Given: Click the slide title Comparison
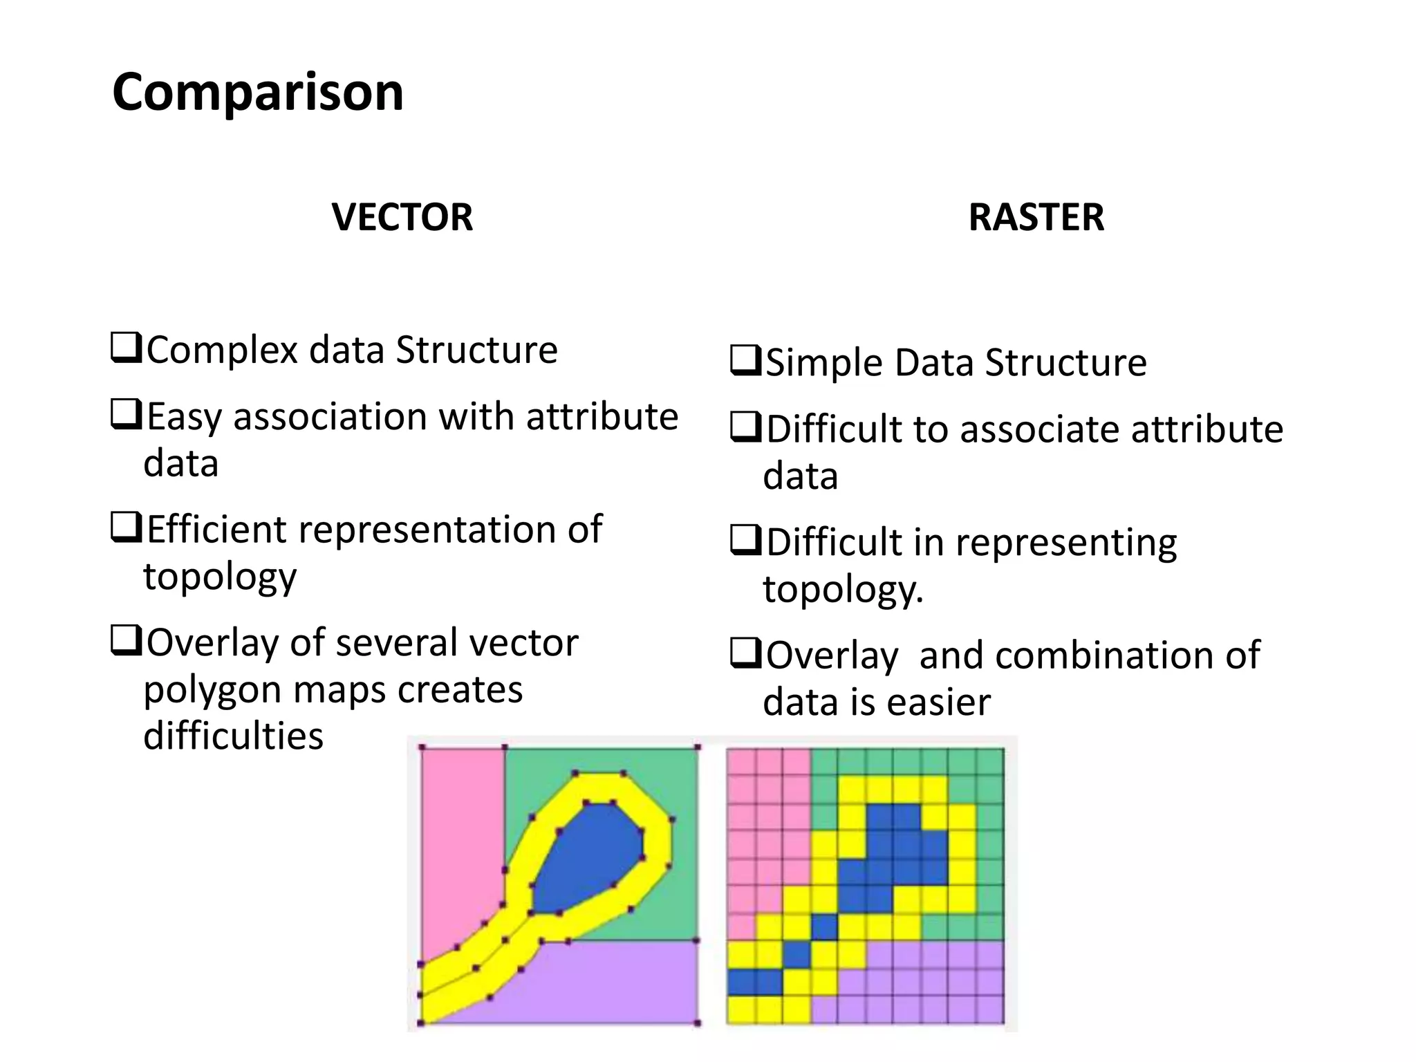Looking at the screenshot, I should coord(257,93).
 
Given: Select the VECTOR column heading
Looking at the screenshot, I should coord(402,217).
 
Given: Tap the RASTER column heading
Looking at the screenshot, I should coord(1036,217).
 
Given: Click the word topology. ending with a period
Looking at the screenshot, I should coord(843,590).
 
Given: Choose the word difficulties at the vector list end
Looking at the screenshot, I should coord(233,735).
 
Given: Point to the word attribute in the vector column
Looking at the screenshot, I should coord(602,417).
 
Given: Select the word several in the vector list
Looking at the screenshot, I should coord(398,643).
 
